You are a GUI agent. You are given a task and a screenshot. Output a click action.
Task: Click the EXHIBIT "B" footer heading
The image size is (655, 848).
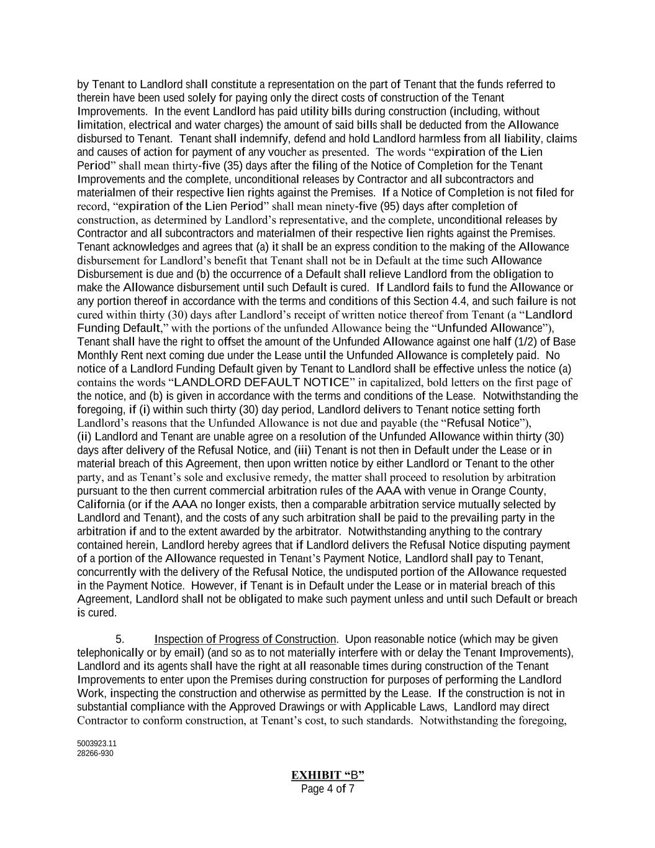327,775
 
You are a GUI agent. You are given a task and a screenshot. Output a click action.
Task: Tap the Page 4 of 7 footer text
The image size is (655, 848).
327,789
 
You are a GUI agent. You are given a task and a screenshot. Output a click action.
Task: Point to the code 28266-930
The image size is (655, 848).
95,754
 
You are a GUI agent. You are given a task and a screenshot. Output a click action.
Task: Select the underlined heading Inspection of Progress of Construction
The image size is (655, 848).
245,639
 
